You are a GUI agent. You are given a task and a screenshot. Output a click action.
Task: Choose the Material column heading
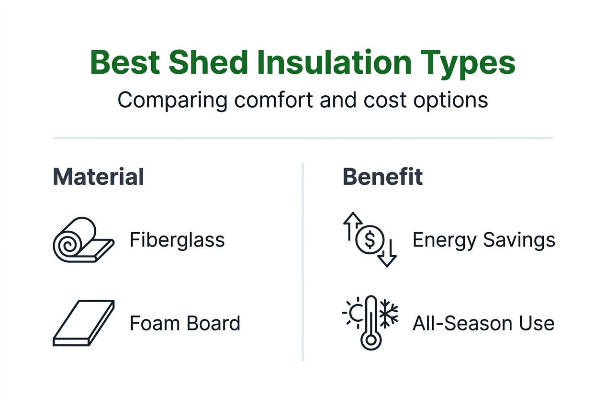(98, 177)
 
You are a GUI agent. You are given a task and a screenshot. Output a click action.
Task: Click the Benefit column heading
(383, 177)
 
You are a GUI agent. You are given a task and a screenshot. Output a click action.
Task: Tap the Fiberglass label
(177, 240)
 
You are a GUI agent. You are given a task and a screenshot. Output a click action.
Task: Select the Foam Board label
(185, 324)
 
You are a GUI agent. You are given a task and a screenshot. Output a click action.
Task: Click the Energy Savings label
(483, 240)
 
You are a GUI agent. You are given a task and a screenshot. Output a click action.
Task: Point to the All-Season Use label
(483, 324)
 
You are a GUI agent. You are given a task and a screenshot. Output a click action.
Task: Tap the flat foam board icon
(84, 324)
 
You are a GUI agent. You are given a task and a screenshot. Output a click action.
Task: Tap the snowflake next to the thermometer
(389, 314)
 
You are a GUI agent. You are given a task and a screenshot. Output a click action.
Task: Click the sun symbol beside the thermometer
(355, 314)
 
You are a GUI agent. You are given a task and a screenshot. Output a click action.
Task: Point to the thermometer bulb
(370, 340)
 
